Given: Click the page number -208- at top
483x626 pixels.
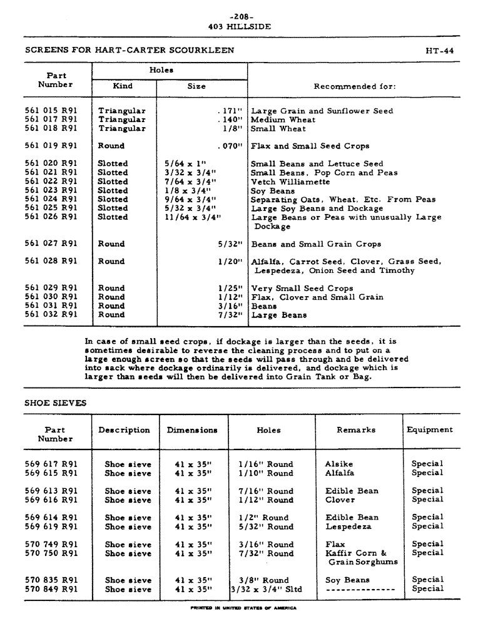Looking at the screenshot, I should [241, 16].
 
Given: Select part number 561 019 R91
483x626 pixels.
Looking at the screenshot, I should [51, 146].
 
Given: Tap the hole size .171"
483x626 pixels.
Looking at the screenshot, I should [230, 111].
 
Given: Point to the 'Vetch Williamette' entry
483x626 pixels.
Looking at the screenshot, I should [290, 182].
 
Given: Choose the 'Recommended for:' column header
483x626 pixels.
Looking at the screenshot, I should [354, 86].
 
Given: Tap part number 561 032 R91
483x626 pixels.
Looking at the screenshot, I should [51, 315].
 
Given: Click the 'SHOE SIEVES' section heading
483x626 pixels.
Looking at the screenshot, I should [55, 403].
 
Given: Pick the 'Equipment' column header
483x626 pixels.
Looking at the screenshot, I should [430, 430].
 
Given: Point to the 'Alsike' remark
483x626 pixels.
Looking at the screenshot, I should [339, 464].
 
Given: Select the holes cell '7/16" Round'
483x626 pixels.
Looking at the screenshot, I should [266, 491].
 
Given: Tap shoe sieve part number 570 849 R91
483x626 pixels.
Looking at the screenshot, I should [51, 589].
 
